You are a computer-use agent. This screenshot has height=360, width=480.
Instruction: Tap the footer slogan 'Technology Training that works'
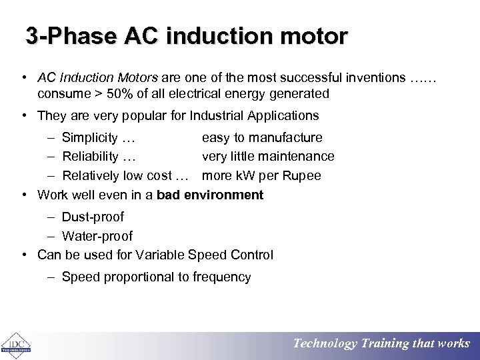click(381, 343)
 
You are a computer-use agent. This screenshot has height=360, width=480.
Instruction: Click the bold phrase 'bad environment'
click(210, 195)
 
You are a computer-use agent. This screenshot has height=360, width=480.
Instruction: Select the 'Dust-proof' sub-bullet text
click(93, 217)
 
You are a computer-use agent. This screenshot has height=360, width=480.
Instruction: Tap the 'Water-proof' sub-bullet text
click(97, 237)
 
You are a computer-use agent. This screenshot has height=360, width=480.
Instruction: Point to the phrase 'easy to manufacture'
click(262, 138)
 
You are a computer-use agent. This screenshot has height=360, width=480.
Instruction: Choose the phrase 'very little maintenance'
click(268, 157)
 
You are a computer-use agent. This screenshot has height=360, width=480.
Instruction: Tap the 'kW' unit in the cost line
click(244, 176)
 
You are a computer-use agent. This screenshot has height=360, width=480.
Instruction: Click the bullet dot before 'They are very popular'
click(24, 116)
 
